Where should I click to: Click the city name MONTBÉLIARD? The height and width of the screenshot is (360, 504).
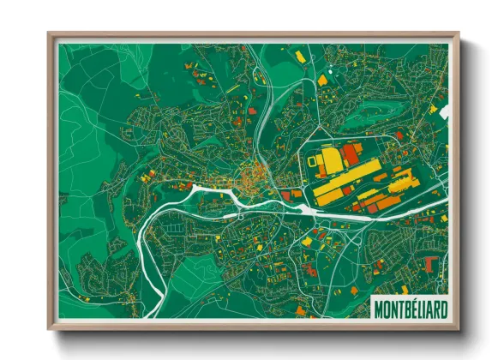tap(409, 307)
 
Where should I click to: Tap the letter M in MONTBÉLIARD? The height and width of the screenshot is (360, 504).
tap(380, 307)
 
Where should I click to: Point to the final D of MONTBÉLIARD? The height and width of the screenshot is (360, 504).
tap(440, 307)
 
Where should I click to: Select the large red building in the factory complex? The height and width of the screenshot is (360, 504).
tap(350, 154)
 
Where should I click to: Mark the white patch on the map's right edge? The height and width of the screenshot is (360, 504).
tap(445, 111)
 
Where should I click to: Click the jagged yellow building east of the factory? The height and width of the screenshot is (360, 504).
tap(401, 181)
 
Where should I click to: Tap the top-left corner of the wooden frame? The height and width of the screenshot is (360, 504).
tap(50, 35)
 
